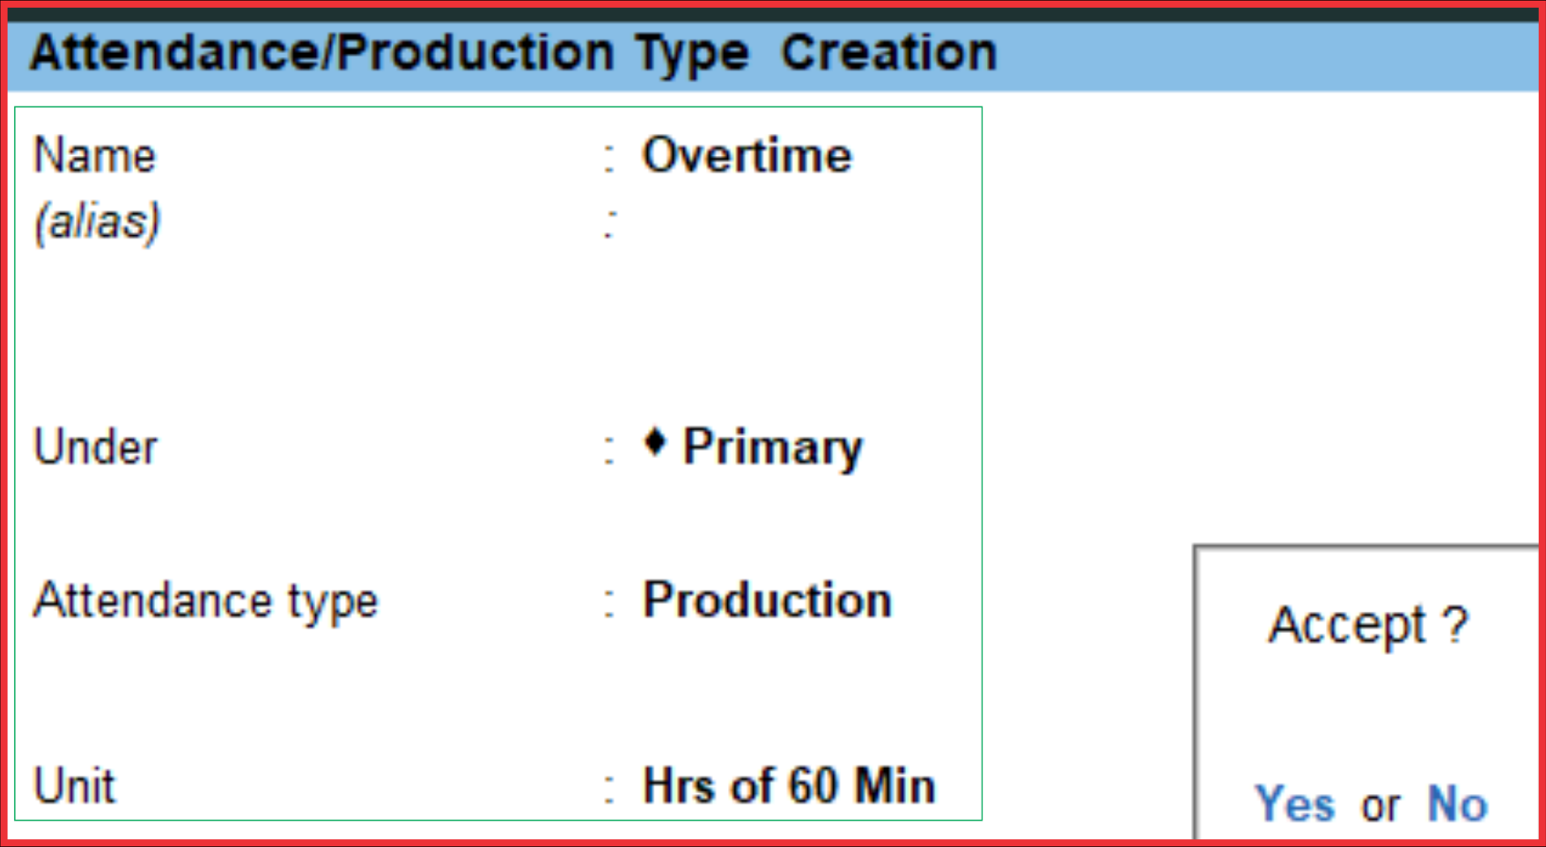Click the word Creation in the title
(889, 53)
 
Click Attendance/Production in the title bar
(322, 53)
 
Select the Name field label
(94, 156)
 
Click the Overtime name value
(747, 156)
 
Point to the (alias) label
(97, 221)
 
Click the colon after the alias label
(609, 224)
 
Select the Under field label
(95, 446)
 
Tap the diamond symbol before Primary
(655, 441)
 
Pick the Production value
(768, 600)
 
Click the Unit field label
(74, 785)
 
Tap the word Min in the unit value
(894, 785)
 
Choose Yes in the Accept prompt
(1295, 804)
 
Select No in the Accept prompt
(1458, 804)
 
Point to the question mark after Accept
(1457, 624)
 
